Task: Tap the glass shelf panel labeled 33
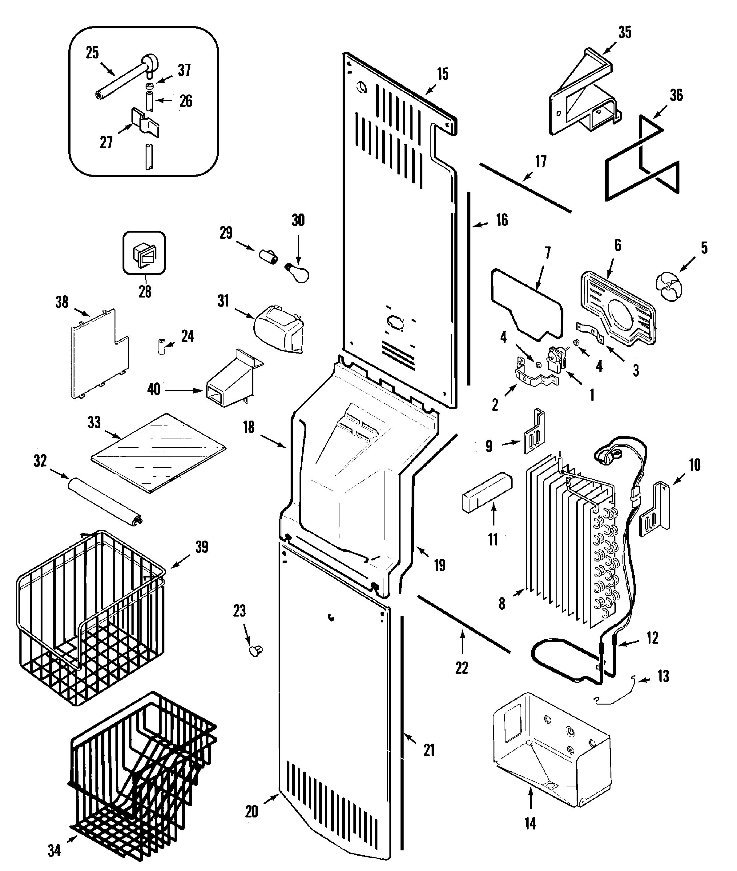coord(158,453)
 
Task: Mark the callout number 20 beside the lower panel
coord(252,811)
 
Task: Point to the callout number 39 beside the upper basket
coord(201,547)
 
